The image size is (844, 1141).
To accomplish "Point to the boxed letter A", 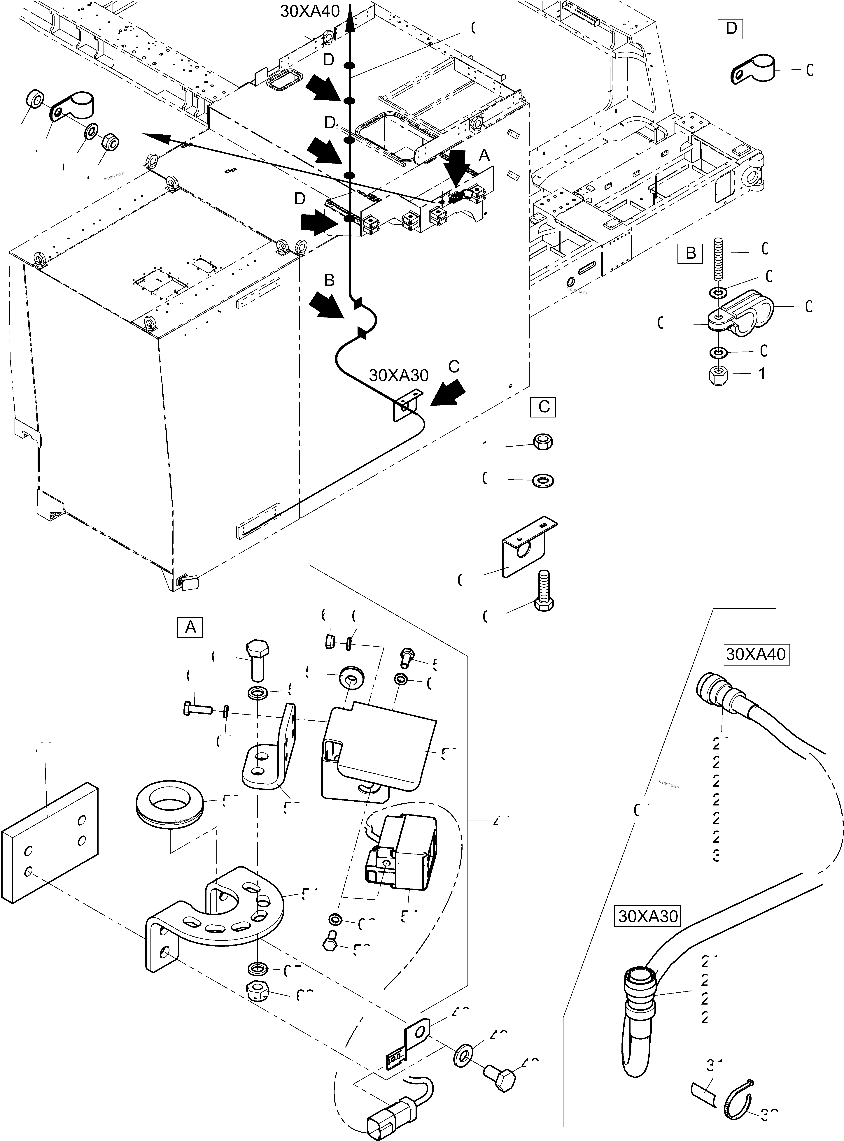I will [190, 627].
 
